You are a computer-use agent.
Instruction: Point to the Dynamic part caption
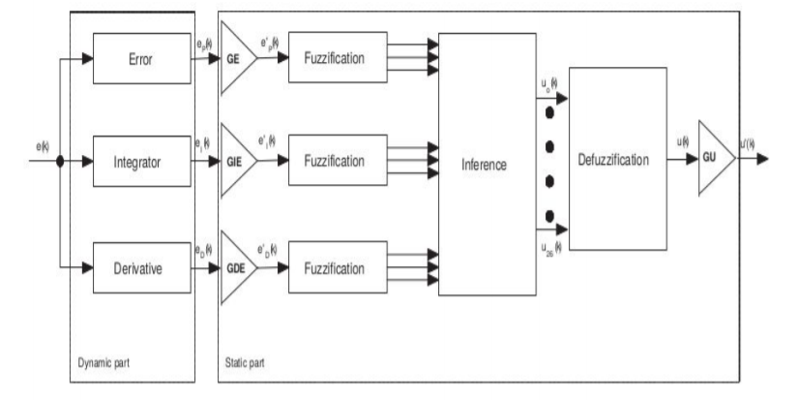click(x=104, y=365)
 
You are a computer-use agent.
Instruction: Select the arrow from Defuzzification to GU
click(x=685, y=155)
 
